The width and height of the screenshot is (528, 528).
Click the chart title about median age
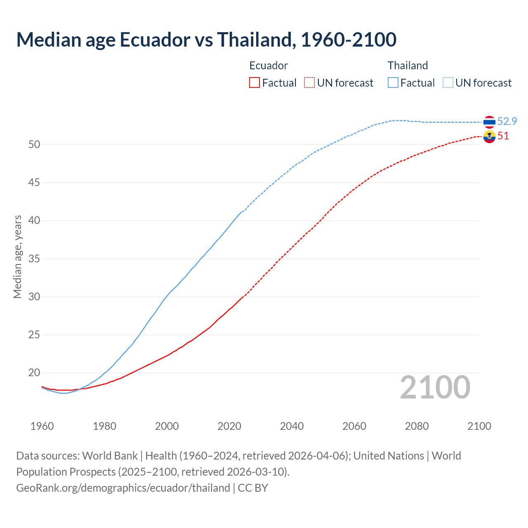coord(206,40)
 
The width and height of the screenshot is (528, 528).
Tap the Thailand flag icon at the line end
coord(489,122)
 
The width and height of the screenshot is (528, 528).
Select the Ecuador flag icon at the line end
coord(489,137)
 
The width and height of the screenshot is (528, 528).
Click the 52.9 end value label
coord(507,121)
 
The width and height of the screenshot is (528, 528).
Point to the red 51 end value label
coord(503,136)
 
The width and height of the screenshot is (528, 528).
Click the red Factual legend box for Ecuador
coord(255,83)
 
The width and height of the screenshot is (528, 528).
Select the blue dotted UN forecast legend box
coord(448,83)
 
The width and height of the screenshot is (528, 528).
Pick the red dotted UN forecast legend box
coord(309,83)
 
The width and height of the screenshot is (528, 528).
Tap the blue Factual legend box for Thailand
coord(393,83)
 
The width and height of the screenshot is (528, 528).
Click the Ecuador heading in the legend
coord(269,66)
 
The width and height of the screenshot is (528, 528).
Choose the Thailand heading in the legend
coord(408,66)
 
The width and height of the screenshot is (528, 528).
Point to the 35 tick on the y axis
coord(34,259)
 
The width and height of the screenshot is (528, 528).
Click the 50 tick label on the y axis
coord(34,145)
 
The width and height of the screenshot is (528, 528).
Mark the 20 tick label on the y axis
coord(34,373)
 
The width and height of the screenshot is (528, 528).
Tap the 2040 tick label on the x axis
coord(292,426)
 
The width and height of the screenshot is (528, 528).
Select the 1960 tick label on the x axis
coord(42,426)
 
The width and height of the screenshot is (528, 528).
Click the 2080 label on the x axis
coord(417,426)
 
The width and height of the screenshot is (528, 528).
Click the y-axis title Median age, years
coord(17,257)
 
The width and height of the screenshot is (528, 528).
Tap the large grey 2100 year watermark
coord(435,387)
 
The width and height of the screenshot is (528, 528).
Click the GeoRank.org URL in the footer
coord(123,488)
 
